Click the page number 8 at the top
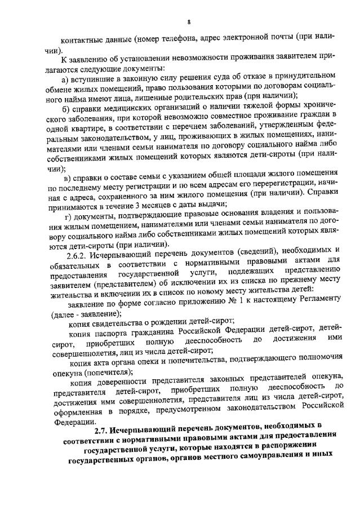coord(189,21)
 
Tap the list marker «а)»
coord(65,75)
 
